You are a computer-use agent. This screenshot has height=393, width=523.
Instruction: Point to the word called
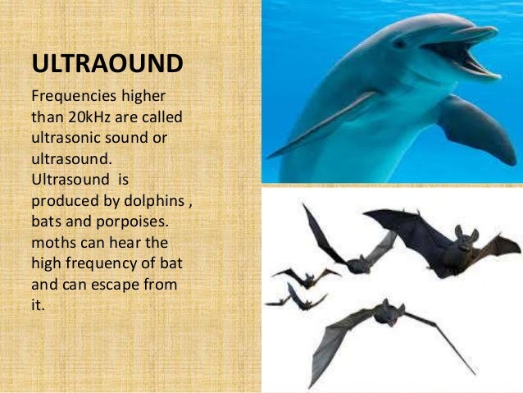pos(157,117)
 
